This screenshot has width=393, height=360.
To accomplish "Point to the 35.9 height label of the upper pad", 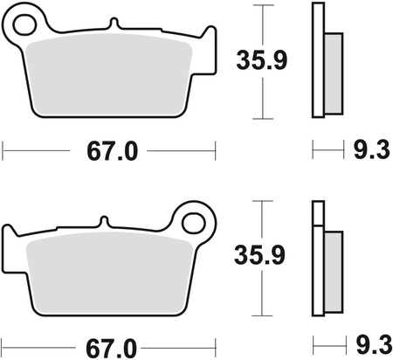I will pyautogui.click(x=260, y=61).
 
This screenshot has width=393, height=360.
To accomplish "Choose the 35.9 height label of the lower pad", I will pyautogui.click(x=260, y=255).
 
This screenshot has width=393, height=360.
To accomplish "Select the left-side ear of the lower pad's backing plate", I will pyautogui.click(x=12, y=238).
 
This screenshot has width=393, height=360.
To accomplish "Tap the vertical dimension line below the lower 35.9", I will pyautogui.click(x=260, y=293).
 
